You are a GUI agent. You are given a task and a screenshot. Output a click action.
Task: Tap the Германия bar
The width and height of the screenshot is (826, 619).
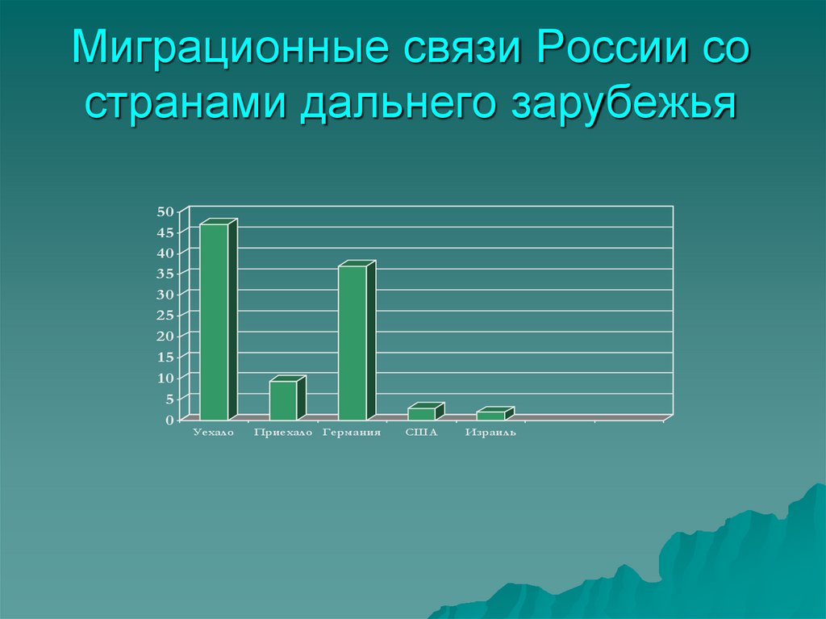pos(353,342)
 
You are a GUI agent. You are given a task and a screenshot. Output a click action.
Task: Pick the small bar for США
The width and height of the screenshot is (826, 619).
pos(421,413)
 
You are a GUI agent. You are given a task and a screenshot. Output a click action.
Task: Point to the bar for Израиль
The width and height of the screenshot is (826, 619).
pos(490,415)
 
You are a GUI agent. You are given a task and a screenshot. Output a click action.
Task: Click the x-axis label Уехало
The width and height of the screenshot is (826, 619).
pos(213,433)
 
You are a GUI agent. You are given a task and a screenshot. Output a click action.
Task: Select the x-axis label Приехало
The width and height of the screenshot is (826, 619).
pos(282,433)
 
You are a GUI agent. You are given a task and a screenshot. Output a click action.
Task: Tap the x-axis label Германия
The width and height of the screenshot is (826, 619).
pos(352,433)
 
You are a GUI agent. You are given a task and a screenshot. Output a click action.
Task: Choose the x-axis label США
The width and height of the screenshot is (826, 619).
pos(421,433)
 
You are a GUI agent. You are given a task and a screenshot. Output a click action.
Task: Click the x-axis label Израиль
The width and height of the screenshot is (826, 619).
pos(490,433)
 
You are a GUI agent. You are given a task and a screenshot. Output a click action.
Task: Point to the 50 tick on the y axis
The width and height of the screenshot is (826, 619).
pos(165,211)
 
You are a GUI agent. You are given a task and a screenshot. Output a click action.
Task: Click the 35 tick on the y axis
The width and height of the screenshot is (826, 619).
pos(165,274)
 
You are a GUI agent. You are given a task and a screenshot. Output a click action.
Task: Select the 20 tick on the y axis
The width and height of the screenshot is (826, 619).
pos(165,336)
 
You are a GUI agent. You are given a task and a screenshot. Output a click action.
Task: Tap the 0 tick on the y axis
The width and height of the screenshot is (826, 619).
pos(169,420)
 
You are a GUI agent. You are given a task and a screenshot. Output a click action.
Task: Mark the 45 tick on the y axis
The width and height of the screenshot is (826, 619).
pos(165,232)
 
